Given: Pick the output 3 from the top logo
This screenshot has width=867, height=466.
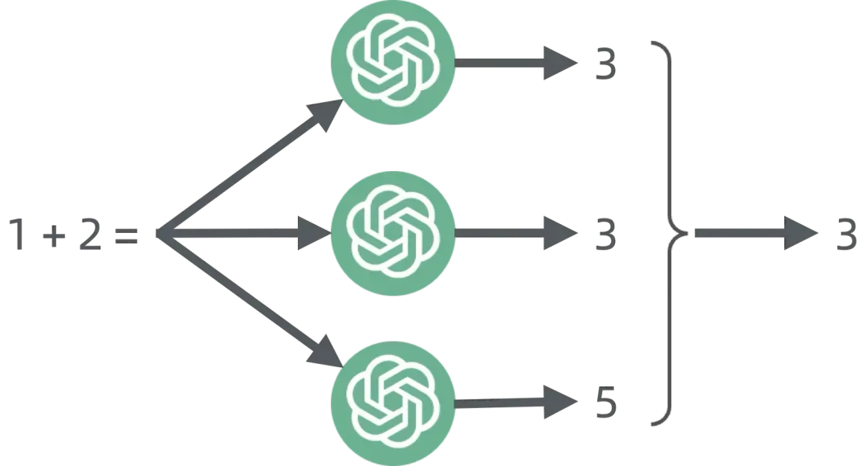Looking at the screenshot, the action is [x=603, y=66].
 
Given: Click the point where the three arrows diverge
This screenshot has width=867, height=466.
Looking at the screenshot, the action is [x=159, y=233].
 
